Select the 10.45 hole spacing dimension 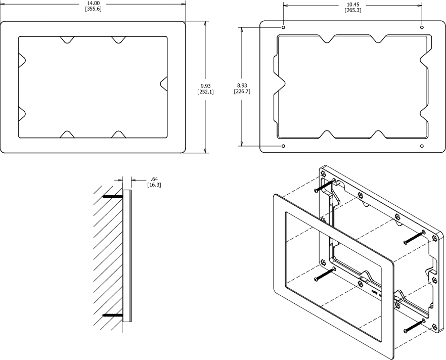click(352, 5)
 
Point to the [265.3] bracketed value click(352, 11)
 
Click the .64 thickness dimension click(154, 179)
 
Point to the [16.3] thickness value click(154, 185)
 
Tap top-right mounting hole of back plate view click(422, 27)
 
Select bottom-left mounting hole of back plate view click(283, 146)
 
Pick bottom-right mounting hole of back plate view click(422, 146)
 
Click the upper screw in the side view click(113, 197)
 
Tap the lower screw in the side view click(113, 316)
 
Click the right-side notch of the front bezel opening click(163, 83)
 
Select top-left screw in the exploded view click(324, 186)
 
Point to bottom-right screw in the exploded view click(414, 326)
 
